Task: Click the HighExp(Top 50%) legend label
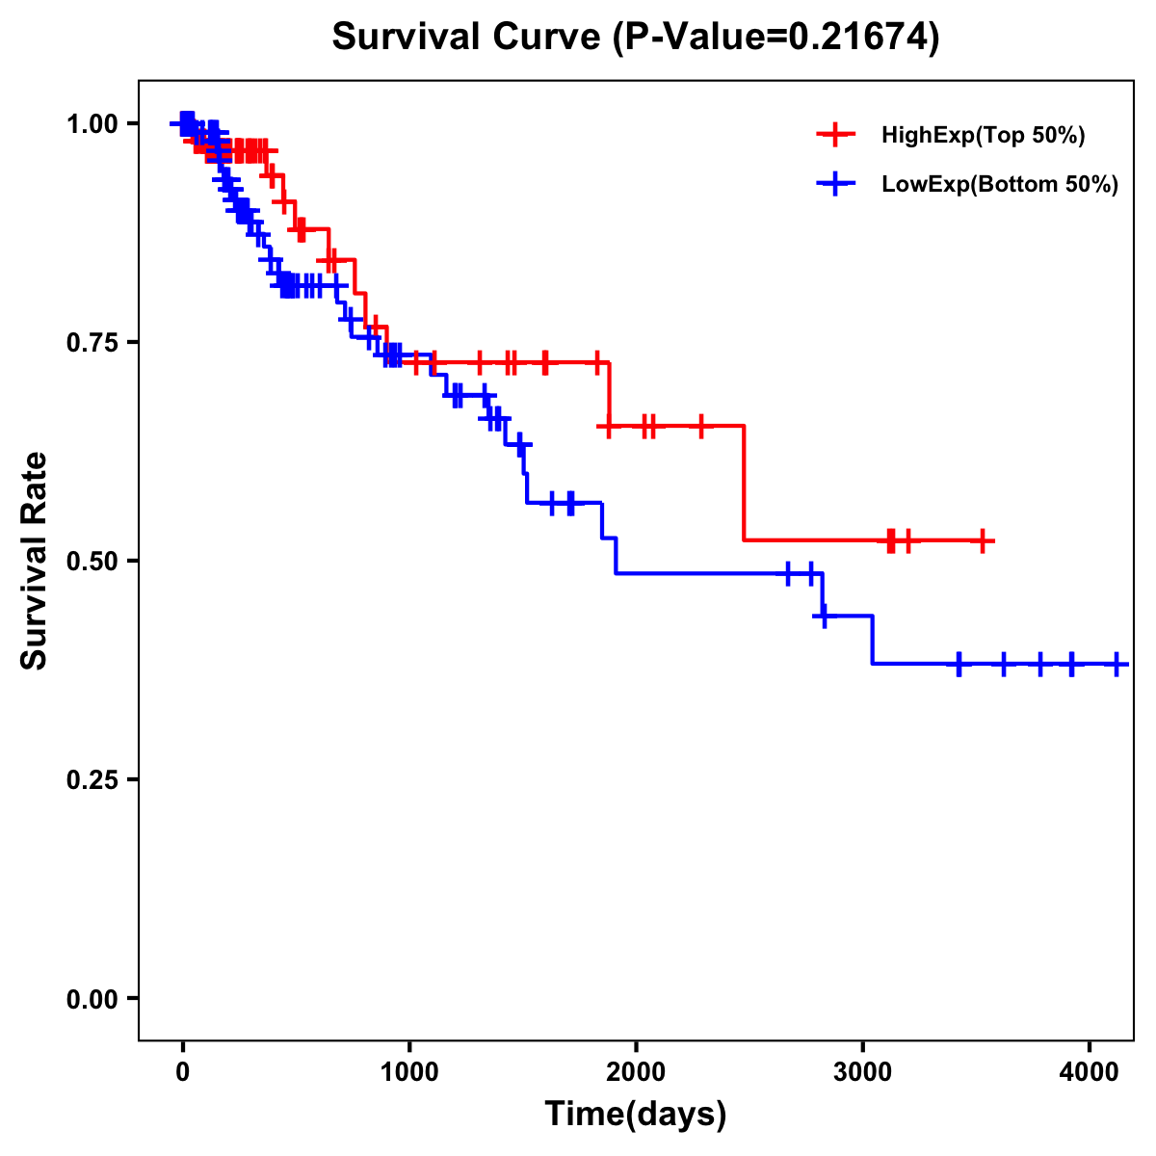click(x=983, y=135)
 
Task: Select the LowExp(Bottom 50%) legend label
click(x=1000, y=185)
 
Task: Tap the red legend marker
click(x=835, y=135)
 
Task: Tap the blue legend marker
click(x=835, y=185)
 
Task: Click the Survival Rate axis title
click(x=35, y=561)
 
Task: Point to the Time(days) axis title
click(x=636, y=1115)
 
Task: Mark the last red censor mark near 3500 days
click(x=982, y=541)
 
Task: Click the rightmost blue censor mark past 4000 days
click(x=1117, y=664)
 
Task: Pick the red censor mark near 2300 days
click(x=700, y=426)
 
